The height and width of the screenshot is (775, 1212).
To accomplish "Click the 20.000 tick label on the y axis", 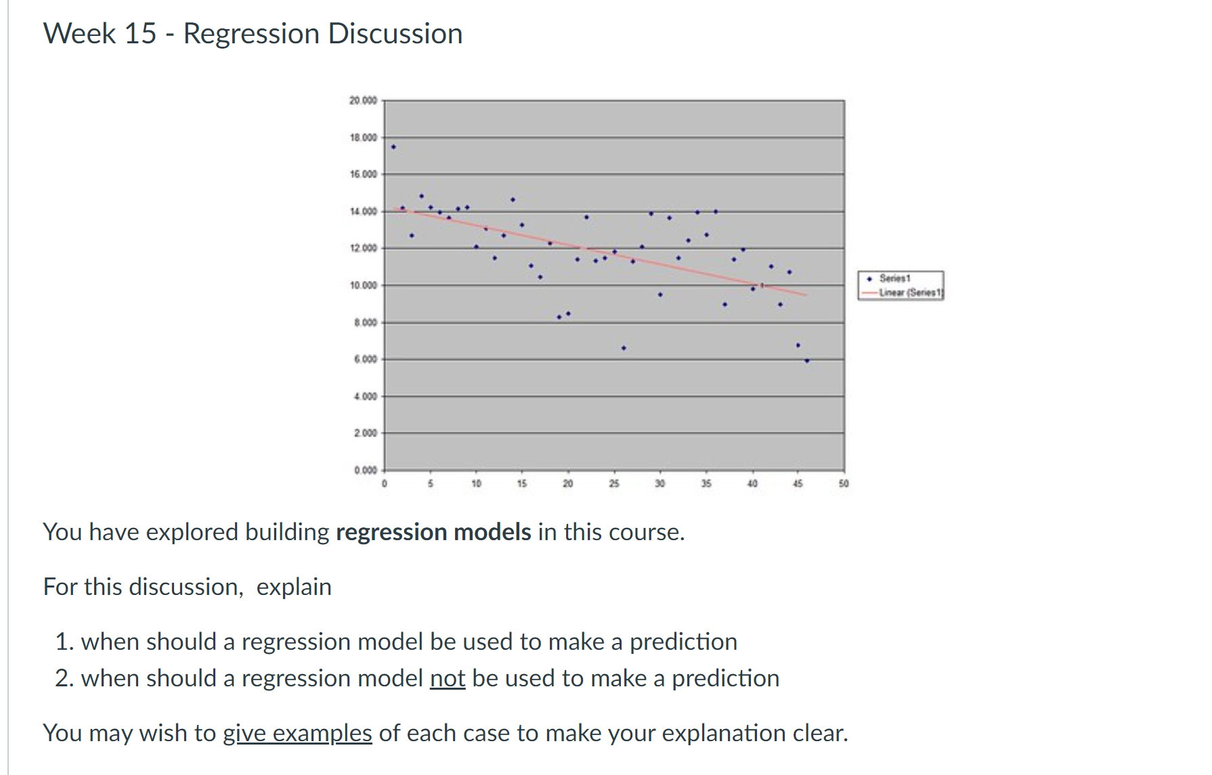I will click(363, 101).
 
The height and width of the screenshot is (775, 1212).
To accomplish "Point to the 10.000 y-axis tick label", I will click(363, 286).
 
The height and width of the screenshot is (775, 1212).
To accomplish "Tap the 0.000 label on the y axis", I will click(365, 470).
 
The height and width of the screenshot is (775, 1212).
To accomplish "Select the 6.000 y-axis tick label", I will click(365, 359).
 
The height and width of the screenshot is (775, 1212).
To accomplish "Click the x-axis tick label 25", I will click(613, 484).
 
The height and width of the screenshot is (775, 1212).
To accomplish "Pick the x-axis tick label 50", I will click(844, 484).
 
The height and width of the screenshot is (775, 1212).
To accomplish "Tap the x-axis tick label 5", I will click(430, 484).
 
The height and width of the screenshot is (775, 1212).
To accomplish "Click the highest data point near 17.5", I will click(393, 147).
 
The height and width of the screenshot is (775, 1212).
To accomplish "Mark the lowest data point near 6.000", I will click(806, 361).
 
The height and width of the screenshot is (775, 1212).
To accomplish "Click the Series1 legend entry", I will click(894, 278).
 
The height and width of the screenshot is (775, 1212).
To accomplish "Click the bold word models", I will click(492, 532).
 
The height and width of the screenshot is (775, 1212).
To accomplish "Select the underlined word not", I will click(448, 678).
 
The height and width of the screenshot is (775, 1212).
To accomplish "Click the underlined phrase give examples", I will click(297, 733).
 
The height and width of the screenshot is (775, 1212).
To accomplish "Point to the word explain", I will click(294, 587).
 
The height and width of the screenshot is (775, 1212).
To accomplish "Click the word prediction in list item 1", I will click(683, 642).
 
